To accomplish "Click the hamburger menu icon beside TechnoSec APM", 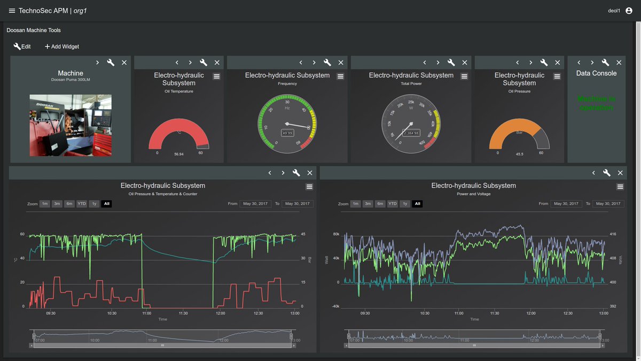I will pos(12,11).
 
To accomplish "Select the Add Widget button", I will pos(61,47).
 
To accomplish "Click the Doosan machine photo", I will pos(71,125).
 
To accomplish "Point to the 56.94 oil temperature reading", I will pos(178,154).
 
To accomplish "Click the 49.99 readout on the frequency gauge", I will pos(287,133).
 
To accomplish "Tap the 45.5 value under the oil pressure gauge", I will pos(519,154).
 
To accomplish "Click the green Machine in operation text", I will pos(596,103).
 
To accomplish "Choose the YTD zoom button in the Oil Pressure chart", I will pos(82,204).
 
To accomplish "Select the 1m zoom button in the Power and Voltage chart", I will pos(355,204).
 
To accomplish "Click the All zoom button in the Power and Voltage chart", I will pos(417,204).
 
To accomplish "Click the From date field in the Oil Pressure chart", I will pos(254,204).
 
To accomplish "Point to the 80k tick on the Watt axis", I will pos(336,234).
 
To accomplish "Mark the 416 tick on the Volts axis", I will pos(613,234).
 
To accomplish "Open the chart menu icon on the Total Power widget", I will pos(464,76).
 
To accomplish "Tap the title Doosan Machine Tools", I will pos(34,30).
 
